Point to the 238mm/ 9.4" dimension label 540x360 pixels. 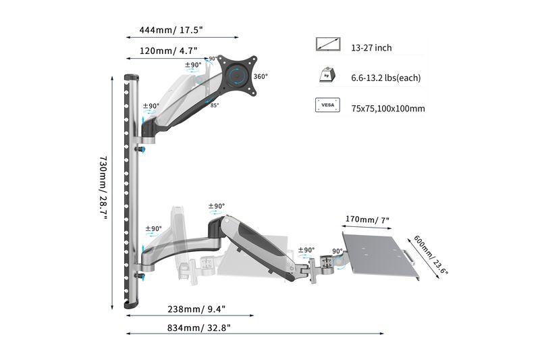(196, 309)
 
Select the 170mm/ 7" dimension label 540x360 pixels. (367, 220)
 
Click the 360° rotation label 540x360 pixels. (261, 76)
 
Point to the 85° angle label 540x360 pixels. (214, 105)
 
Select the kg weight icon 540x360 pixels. (328, 76)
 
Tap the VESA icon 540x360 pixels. (328, 106)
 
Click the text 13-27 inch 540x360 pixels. (371, 48)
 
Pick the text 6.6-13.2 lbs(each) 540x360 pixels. (385, 78)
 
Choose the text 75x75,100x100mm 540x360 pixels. (387, 108)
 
